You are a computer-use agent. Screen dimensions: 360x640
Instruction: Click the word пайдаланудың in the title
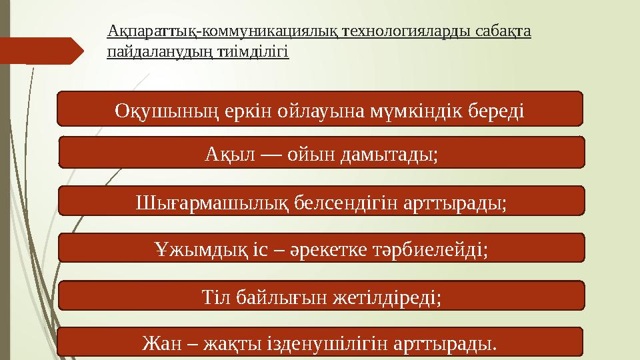coord(158,51)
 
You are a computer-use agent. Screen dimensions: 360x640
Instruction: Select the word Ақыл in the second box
coord(225,155)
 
